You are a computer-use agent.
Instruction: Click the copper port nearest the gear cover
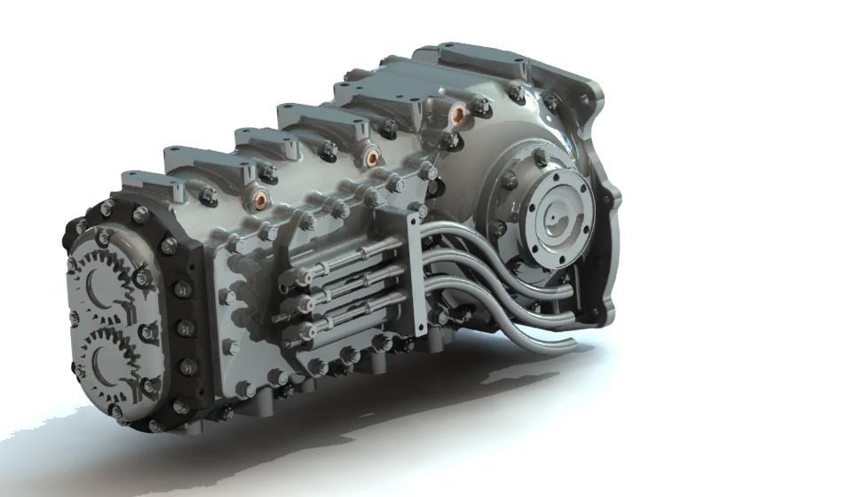[x=261, y=193]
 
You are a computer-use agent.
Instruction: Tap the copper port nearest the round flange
[x=457, y=113]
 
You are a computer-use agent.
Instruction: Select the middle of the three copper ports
[x=371, y=158]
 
